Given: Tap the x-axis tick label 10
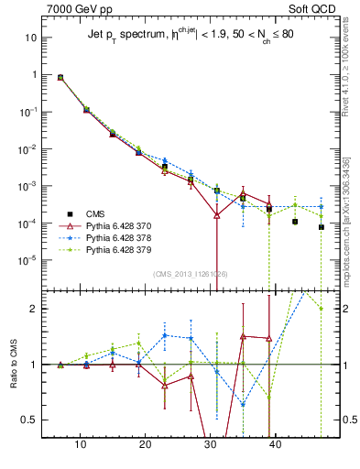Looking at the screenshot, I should [81, 443].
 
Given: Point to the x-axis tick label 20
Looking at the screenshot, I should [145, 443].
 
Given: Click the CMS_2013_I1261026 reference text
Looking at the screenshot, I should [190, 274].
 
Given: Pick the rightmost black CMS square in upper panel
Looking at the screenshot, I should [322, 227].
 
